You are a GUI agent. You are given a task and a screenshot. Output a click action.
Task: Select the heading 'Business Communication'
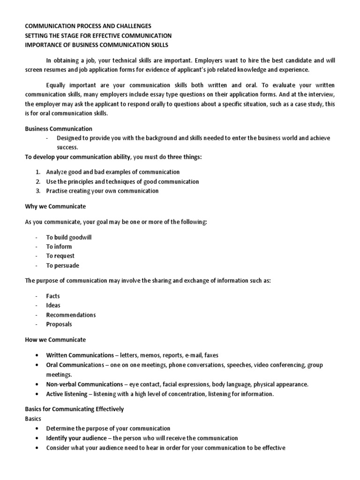(x=59, y=128)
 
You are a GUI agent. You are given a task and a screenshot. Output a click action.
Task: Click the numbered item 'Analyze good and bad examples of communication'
(x=112, y=172)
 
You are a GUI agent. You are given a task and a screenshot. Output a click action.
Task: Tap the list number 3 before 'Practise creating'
(x=37, y=191)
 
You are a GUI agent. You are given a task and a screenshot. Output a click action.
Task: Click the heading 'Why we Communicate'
(x=55, y=206)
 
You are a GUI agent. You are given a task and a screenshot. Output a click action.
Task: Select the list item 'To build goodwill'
(x=69, y=237)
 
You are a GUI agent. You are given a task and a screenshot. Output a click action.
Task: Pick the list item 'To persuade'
(x=62, y=265)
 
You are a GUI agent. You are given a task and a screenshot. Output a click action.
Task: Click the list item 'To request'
(x=60, y=256)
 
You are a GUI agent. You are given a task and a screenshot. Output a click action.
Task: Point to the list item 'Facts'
(x=53, y=296)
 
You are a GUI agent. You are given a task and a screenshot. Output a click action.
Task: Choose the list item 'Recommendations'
(x=71, y=315)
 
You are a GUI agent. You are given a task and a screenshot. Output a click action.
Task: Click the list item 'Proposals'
(x=59, y=324)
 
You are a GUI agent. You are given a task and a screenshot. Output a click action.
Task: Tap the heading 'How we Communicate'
(x=55, y=339)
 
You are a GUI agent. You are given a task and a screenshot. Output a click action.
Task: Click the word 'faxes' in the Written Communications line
(x=210, y=355)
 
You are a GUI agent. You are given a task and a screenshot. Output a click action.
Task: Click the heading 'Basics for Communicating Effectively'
(x=74, y=409)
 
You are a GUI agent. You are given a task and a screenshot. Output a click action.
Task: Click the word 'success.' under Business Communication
(x=67, y=147)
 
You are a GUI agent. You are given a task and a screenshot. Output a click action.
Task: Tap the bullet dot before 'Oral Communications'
(x=37, y=365)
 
